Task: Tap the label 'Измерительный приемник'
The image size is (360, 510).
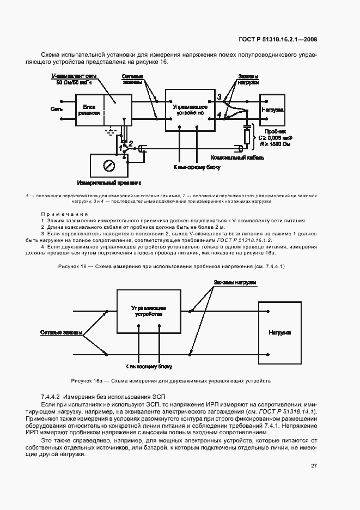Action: pos(109,183)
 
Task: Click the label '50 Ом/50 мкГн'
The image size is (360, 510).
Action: pos(72,82)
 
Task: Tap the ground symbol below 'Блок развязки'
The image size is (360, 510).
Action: pos(112,131)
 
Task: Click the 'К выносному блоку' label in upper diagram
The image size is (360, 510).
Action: pos(197,168)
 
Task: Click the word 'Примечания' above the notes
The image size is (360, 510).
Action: pos(64,214)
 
